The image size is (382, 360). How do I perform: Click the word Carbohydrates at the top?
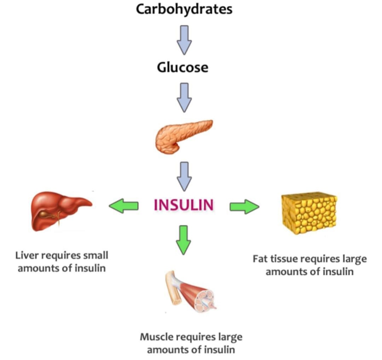184,10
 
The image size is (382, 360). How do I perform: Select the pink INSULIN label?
184,205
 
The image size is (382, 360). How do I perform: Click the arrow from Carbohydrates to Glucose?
184,40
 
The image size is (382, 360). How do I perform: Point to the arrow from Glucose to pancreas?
184,98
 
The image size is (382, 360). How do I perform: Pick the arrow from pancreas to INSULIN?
184,176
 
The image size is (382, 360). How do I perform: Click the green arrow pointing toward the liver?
123,206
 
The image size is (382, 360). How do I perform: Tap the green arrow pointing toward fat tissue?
244,207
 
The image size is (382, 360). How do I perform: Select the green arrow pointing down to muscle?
183,240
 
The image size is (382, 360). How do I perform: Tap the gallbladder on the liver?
45,215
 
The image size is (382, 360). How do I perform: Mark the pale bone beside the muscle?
174,288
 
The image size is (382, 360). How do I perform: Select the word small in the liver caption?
95,256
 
